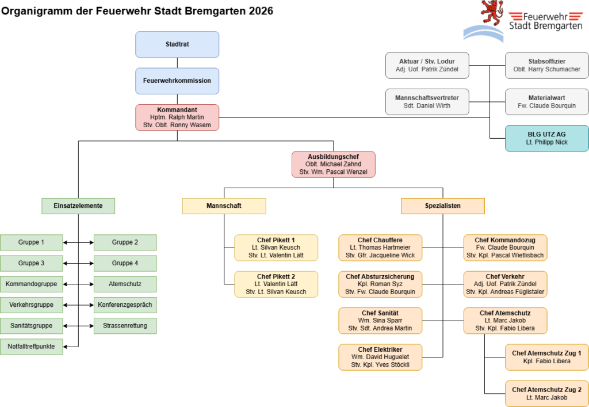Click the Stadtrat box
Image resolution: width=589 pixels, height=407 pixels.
[x=177, y=44]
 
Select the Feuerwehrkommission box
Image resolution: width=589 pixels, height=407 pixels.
[x=177, y=81]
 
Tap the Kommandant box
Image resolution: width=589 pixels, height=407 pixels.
[x=177, y=117]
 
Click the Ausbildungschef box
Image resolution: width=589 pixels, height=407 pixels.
[x=334, y=164]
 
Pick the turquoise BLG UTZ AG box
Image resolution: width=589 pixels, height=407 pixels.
[x=547, y=138]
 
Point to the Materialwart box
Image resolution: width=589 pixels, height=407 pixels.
[x=547, y=102]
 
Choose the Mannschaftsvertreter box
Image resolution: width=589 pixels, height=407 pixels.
[x=427, y=102]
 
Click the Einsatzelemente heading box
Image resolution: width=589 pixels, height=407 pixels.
[x=78, y=206]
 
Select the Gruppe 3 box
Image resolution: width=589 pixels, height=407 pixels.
[x=31, y=264]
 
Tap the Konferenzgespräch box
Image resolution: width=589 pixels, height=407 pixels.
[x=125, y=305]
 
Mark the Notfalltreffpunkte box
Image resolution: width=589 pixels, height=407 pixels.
[x=31, y=347]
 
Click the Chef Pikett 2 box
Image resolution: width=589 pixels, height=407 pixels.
[x=276, y=284]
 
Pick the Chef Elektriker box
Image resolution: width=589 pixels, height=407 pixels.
[x=380, y=357]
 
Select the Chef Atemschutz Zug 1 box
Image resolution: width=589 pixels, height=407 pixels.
[x=547, y=357]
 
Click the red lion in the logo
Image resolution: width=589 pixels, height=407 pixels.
[x=492, y=13]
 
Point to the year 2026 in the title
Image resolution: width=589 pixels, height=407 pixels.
[x=261, y=11]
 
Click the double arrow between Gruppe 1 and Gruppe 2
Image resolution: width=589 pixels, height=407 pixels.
[x=78, y=243]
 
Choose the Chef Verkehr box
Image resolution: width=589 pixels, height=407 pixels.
[x=505, y=284]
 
